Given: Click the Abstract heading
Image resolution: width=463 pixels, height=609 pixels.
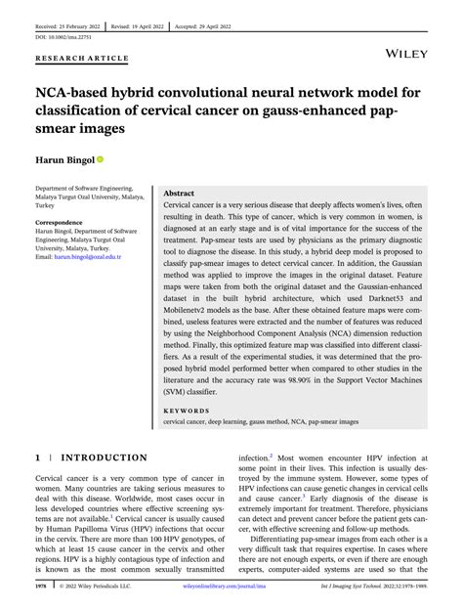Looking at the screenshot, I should [x=186, y=195].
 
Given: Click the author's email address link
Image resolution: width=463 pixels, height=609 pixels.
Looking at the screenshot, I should [x=100, y=256].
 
